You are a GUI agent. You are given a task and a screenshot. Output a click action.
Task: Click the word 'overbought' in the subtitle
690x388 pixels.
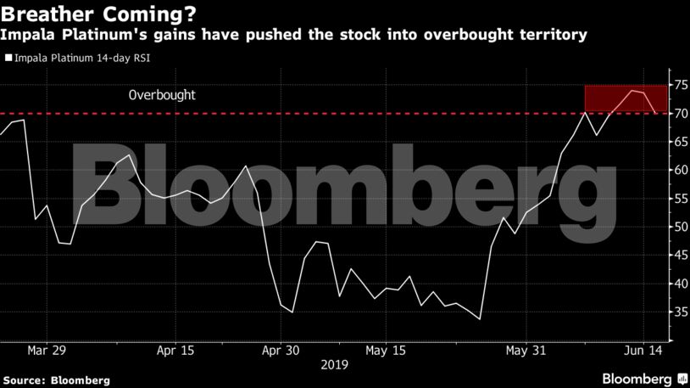[465, 35]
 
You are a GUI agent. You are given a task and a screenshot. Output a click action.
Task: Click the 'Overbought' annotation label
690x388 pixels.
[162, 95]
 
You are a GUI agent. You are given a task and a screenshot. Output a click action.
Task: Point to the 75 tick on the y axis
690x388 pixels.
[678, 85]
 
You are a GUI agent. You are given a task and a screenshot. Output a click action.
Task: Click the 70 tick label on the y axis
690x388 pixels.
[678, 114]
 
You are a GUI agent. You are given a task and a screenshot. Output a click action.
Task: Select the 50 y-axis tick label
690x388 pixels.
[678, 227]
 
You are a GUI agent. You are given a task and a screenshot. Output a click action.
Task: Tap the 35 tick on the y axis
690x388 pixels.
[678, 312]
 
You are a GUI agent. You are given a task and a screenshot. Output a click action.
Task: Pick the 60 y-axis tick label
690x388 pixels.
[678, 170]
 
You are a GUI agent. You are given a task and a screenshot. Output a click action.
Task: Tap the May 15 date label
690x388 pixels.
[385, 350]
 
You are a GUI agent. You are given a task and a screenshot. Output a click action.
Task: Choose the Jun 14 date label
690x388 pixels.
[643, 350]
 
